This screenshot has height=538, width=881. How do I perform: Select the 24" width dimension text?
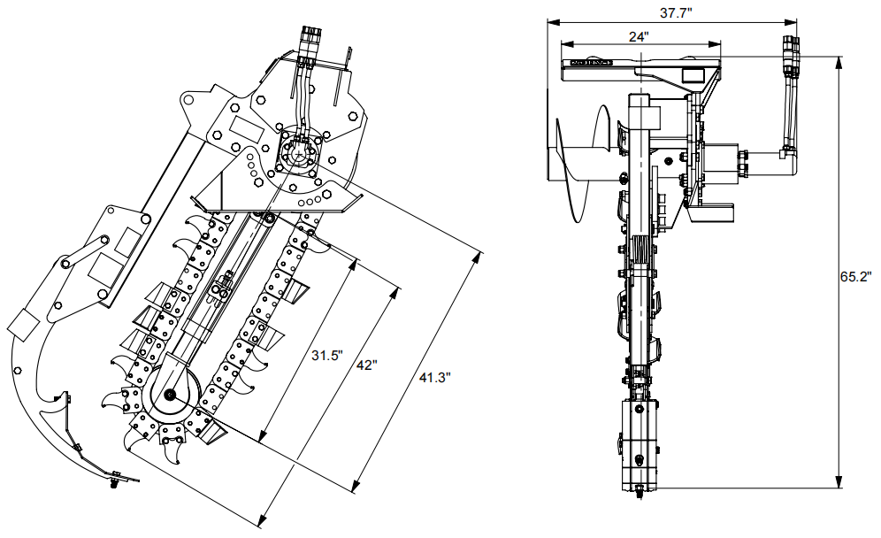(x=639, y=36)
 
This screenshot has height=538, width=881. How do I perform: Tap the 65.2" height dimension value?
(x=855, y=276)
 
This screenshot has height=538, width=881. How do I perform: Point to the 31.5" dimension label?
(x=327, y=356)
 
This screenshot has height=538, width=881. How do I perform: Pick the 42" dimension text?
(x=367, y=365)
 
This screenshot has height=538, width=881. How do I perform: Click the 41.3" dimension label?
(x=434, y=377)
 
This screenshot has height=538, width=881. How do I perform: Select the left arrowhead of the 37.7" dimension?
(x=551, y=20)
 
